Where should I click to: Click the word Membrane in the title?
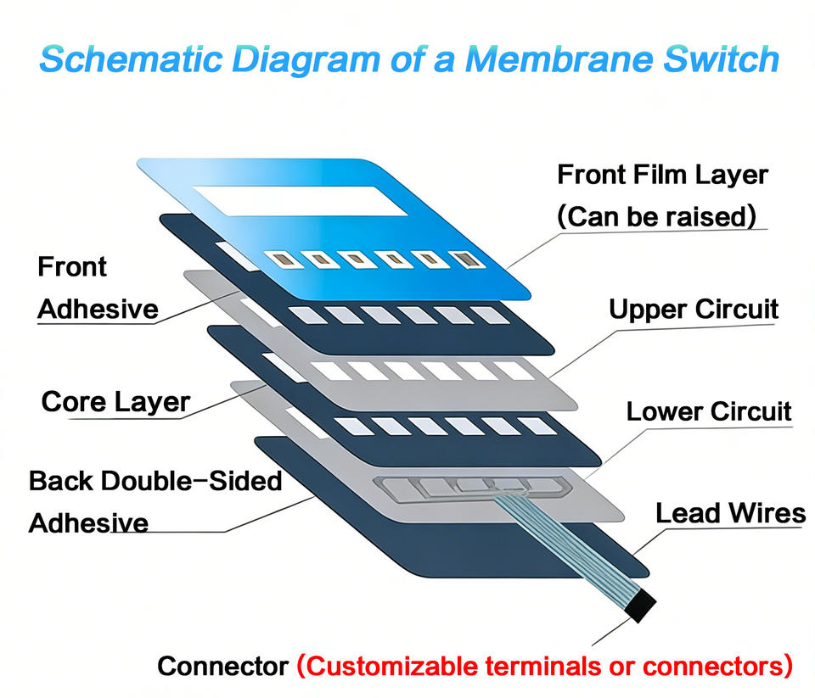point(559,59)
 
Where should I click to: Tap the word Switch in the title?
point(722,59)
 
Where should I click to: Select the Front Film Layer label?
point(663,175)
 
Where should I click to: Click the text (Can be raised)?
point(656,216)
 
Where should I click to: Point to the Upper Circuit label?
point(694,310)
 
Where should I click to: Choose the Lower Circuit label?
point(708,411)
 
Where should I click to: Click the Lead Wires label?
point(730,513)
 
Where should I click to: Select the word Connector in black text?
point(223,666)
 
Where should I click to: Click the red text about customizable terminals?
point(545,667)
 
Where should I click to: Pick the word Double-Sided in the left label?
point(192,481)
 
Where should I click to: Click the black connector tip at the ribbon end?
point(640,606)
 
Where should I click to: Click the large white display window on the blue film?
point(301,200)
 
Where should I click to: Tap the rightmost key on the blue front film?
point(467,260)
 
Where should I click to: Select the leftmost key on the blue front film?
point(284,260)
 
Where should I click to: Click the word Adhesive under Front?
point(98,309)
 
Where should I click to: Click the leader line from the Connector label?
point(612,632)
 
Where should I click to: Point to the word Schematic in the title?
point(131,59)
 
